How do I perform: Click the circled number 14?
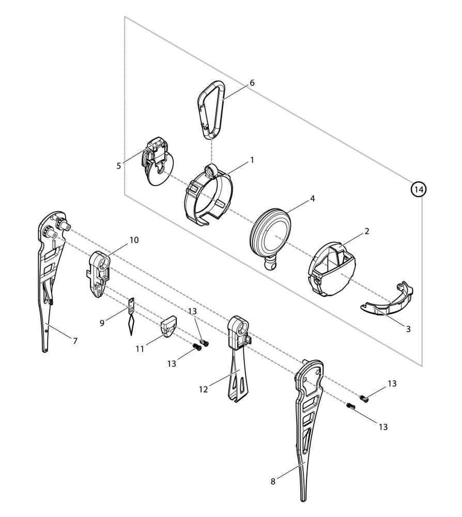coord(419,190)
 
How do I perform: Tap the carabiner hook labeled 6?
coord(211,109)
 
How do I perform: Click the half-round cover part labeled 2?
coord(332,270)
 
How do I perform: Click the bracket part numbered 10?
coord(99,274)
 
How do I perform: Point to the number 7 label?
coord(75,341)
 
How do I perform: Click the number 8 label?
coord(273,481)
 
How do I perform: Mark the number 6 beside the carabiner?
coord(252,83)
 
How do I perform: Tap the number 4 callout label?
coord(312,199)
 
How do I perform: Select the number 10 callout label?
coord(134,240)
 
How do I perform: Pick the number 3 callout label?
coord(408,329)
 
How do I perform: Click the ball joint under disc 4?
coord(270,264)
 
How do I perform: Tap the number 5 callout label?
coord(119,166)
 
